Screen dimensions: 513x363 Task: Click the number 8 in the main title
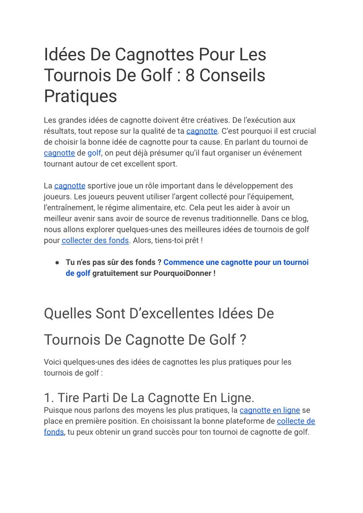pyautogui.click(x=190, y=75)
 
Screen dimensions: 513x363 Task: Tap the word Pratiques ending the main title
pyautogui.click(x=80, y=96)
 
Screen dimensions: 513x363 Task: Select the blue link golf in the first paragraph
pyautogui.click(x=94, y=153)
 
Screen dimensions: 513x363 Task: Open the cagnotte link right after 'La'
pyautogui.click(x=70, y=186)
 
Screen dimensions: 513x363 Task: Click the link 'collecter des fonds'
pyautogui.click(x=95, y=240)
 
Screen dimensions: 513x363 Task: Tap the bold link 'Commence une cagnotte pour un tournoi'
pyautogui.click(x=236, y=262)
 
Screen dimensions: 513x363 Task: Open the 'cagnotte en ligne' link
pyautogui.click(x=269, y=410)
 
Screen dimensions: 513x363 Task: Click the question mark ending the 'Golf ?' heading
pyautogui.click(x=242, y=340)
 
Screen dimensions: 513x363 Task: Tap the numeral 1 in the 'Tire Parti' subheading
pyautogui.click(x=47, y=397)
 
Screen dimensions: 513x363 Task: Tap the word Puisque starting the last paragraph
pyautogui.click(x=58, y=410)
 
